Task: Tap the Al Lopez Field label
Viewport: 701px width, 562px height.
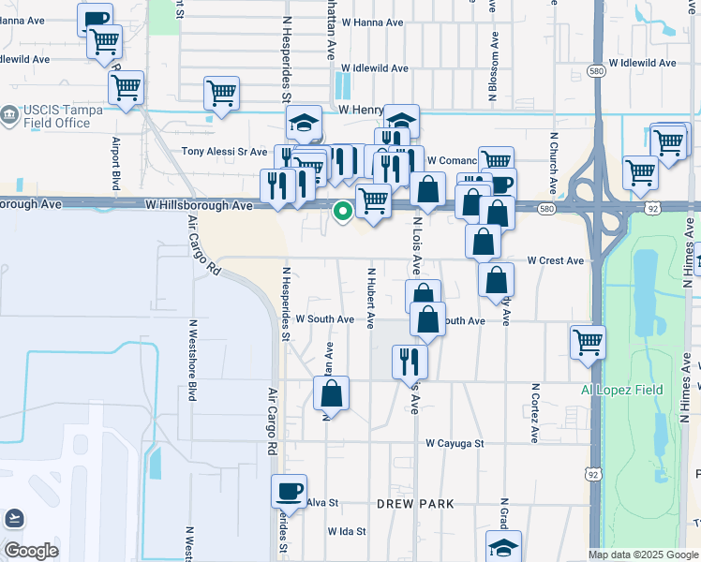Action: [x=621, y=390]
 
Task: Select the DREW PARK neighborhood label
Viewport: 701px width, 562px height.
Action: [x=415, y=504]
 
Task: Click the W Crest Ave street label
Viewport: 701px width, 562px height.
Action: [x=555, y=260]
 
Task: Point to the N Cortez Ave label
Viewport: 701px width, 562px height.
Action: [x=535, y=413]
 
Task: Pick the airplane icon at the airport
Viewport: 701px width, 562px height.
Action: [x=15, y=517]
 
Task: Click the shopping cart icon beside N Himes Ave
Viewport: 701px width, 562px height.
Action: [x=588, y=341]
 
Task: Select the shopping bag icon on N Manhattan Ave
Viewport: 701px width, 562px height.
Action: [x=331, y=392]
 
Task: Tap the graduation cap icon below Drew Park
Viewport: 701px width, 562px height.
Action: [x=503, y=546]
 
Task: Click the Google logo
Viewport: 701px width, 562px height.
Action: [x=31, y=551]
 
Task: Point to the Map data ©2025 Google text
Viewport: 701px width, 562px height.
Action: [x=642, y=555]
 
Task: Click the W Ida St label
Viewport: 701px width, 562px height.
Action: [x=346, y=531]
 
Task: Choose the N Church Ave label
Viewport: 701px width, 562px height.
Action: [x=554, y=163]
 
